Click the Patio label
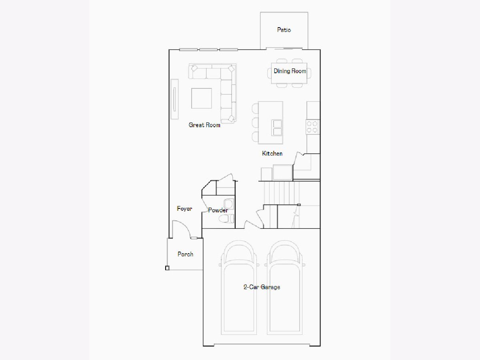pos(284,30)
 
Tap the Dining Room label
pos(290,71)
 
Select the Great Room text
pos(204,125)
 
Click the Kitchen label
pos(272,154)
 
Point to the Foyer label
pos(184,209)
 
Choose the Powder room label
pos(218,210)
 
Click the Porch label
pos(185,254)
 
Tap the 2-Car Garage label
pos(262,287)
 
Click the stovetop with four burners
pos(312,127)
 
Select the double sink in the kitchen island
pos(277,128)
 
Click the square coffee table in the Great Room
pos(202,98)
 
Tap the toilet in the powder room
pos(226,218)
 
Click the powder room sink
pos(229,204)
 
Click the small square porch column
pos(167,268)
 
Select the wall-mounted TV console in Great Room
pos(174,99)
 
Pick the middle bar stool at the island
pos(255,123)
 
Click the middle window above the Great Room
pos(208,50)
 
